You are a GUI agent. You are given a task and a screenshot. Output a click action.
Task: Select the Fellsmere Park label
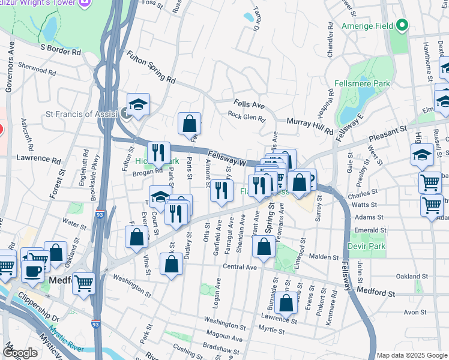(367, 83)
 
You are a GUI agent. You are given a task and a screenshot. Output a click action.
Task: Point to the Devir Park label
(366, 246)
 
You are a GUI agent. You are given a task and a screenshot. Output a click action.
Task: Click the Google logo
(20, 353)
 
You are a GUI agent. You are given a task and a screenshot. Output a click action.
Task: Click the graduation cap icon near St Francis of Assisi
(138, 104)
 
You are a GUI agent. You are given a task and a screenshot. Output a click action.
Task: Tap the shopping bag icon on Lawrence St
(286, 302)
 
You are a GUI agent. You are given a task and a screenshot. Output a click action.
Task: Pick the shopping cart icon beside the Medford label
(83, 282)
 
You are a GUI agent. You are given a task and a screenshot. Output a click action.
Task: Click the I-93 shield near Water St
(98, 212)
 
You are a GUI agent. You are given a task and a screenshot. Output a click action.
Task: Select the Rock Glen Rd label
(246, 118)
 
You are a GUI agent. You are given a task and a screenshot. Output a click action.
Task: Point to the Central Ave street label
(240, 266)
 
